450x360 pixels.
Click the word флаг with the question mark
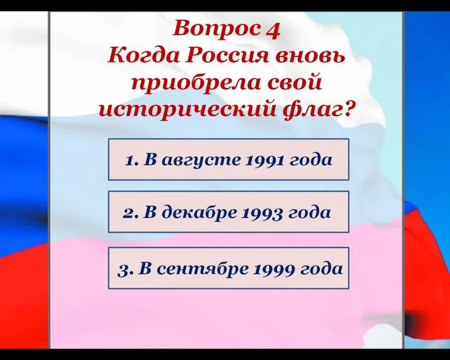click(318, 109)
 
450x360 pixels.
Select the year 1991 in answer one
click(265, 159)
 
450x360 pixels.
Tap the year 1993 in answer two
click(261, 213)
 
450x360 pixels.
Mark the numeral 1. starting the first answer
click(131, 159)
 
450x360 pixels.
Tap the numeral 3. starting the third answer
click(125, 268)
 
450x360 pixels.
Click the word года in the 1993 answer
click(310, 213)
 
